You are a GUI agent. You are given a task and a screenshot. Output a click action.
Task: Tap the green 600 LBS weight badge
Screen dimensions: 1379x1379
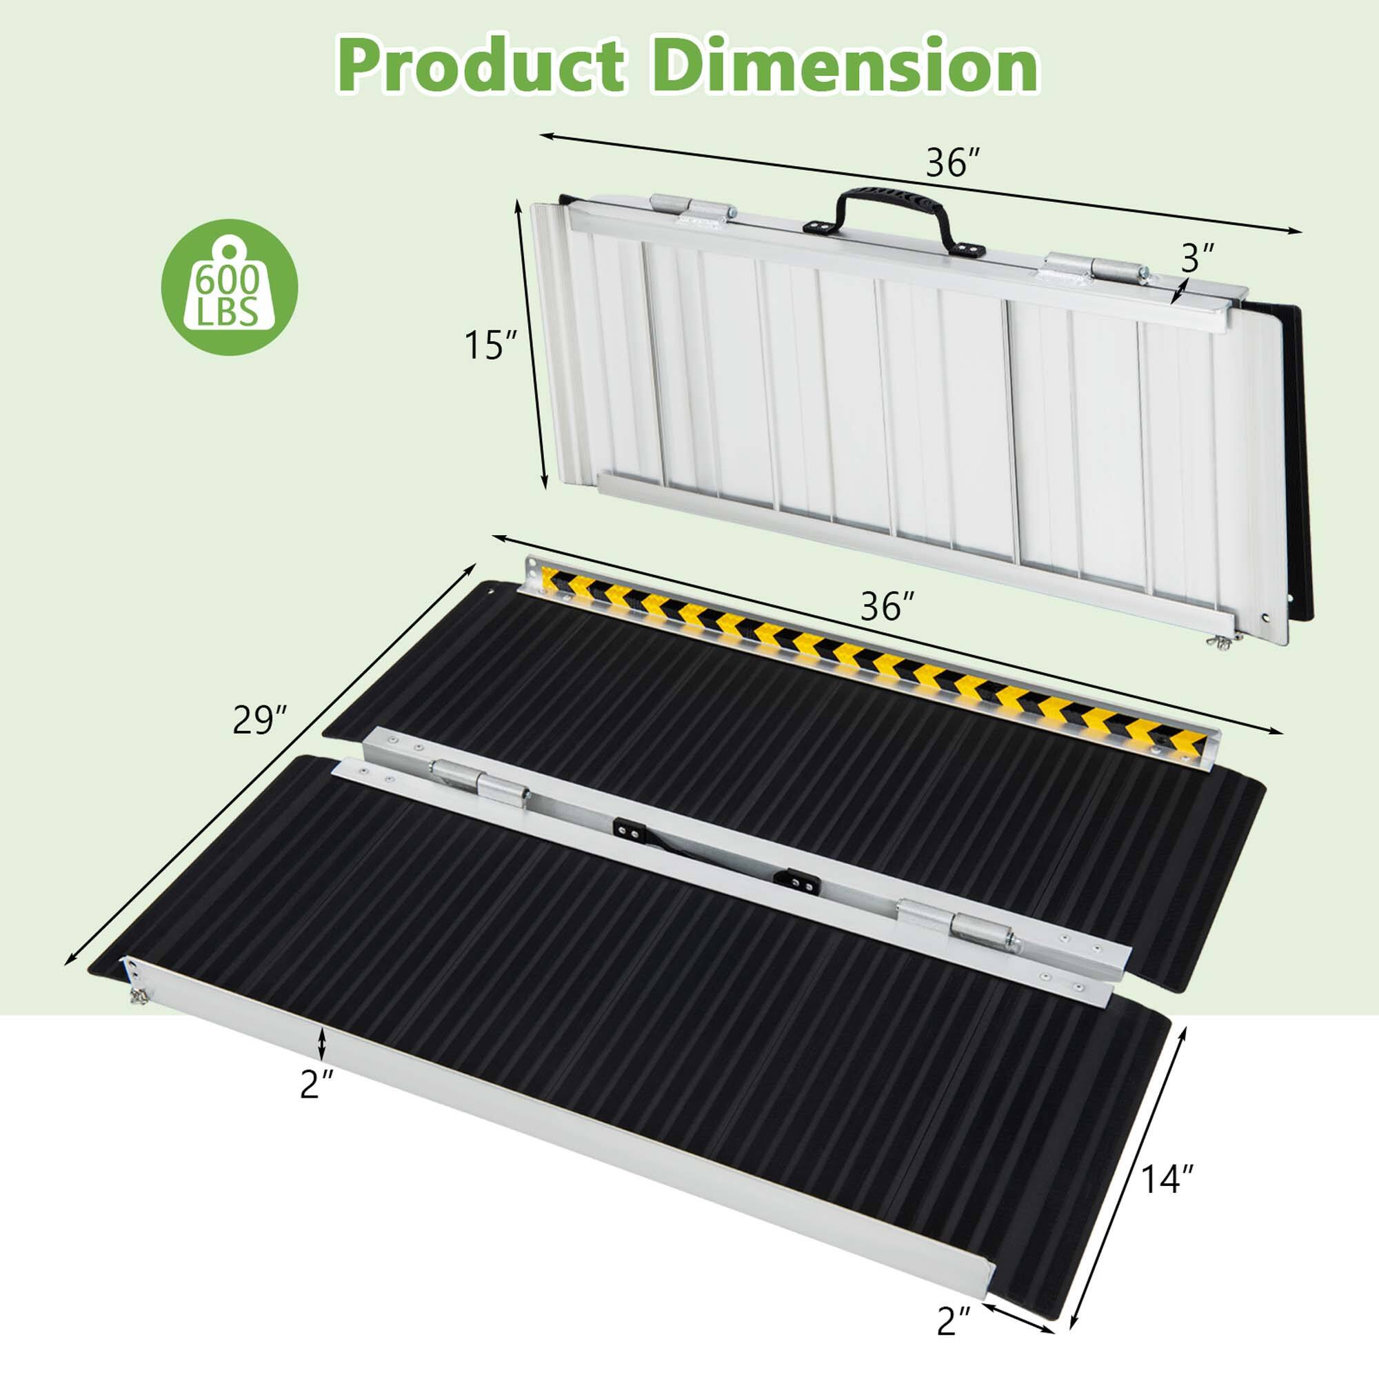coord(228,287)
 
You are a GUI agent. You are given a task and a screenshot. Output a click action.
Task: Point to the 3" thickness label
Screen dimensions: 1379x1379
coord(1197,259)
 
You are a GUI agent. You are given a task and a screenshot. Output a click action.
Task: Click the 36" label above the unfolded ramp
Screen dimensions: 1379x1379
coord(887,607)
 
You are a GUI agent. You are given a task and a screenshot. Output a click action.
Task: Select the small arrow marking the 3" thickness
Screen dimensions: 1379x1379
coord(1179,292)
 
